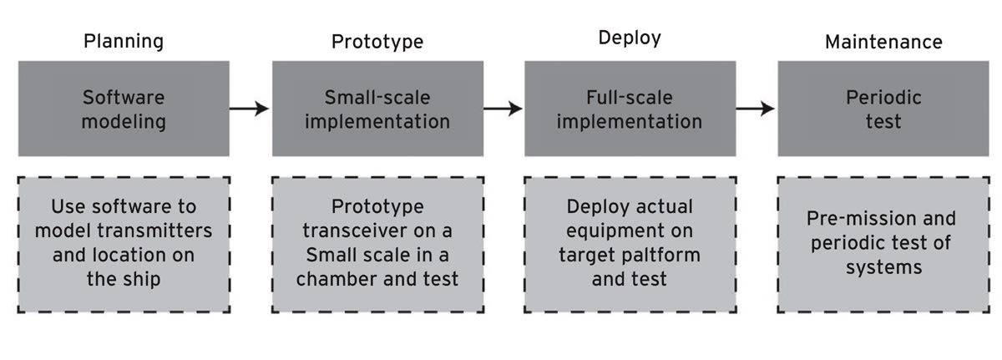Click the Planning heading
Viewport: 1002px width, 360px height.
click(124, 42)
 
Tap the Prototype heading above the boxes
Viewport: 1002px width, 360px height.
click(377, 42)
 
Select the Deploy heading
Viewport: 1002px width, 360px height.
click(630, 38)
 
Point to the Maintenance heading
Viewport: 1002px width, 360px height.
click(884, 42)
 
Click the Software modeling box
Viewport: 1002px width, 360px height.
click(124, 109)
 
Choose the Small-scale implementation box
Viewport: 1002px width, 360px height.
click(378, 109)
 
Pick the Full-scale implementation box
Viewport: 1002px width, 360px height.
click(630, 109)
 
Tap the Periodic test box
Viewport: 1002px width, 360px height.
click(883, 109)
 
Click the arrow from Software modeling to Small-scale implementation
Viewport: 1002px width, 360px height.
click(249, 109)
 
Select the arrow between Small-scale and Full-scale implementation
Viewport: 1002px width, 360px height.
click(503, 109)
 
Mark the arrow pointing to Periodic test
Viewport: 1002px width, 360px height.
click(755, 109)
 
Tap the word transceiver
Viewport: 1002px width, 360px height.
click(353, 231)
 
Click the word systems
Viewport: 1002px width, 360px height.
click(884, 268)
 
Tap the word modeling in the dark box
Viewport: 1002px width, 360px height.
click(124, 122)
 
